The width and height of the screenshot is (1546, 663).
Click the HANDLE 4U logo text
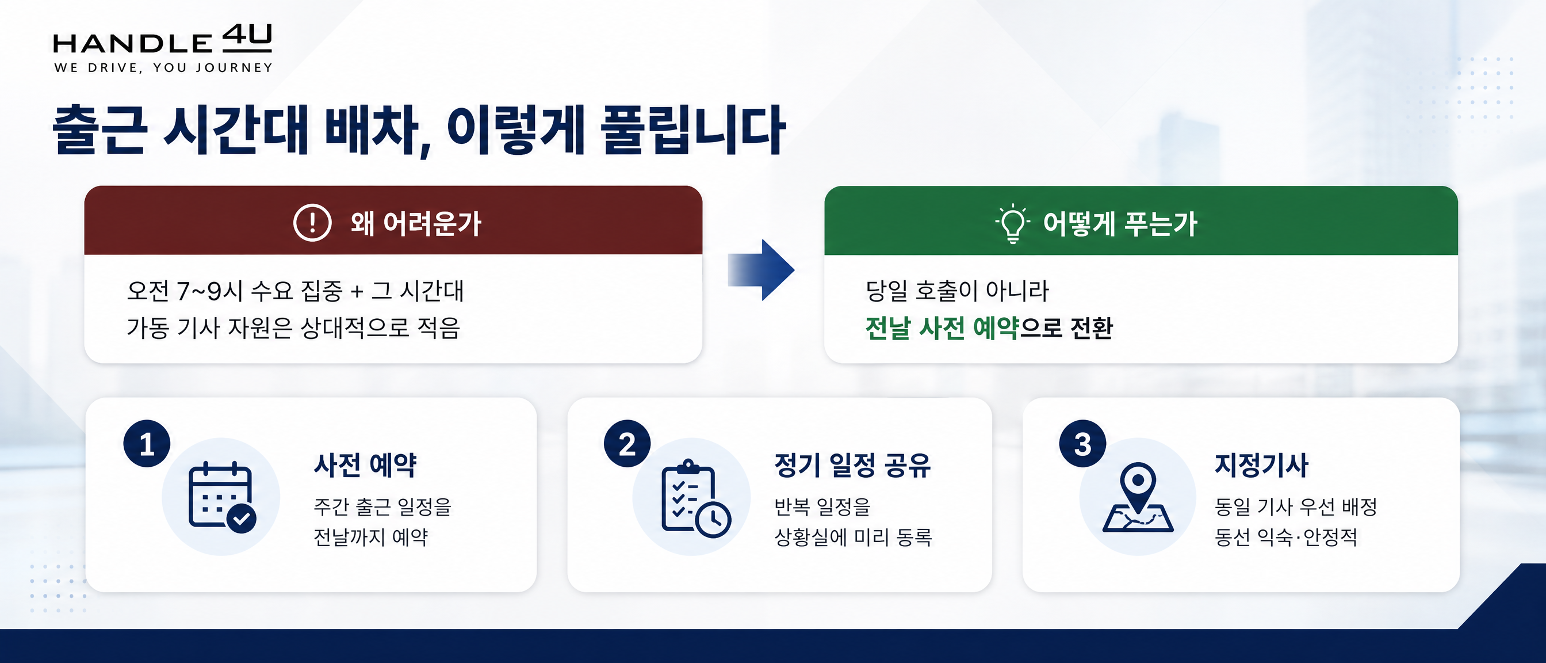click(x=163, y=39)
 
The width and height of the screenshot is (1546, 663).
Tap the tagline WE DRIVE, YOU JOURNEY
click(x=163, y=68)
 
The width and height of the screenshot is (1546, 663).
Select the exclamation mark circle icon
click(x=312, y=222)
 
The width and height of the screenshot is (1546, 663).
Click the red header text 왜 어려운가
click(x=416, y=223)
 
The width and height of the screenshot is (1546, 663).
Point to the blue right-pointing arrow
click(x=761, y=270)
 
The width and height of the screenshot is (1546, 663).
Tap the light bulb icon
click(x=1013, y=223)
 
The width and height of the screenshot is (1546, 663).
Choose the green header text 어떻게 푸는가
click(x=1120, y=223)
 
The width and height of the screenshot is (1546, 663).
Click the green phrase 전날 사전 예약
click(x=942, y=328)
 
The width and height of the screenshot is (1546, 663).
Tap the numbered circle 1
click(x=147, y=444)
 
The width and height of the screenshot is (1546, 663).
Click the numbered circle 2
click(x=627, y=444)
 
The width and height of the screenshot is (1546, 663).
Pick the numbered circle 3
click(x=1082, y=444)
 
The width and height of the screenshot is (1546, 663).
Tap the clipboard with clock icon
click(x=695, y=498)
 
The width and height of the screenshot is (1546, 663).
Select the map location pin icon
click(x=1138, y=497)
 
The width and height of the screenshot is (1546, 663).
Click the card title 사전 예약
click(x=365, y=465)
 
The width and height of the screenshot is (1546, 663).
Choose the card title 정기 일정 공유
click(x=852, y=465)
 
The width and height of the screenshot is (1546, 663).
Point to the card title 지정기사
click(x=1261, y=465)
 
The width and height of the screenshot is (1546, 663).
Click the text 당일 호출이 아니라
click(x=957, y=291)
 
